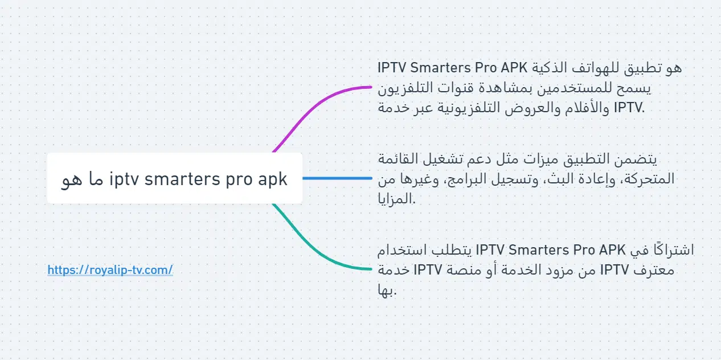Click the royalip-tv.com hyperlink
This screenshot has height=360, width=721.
(x=110, y=270)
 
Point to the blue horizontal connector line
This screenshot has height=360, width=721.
(x=337, y=178)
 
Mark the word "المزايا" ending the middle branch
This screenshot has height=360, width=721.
(x=396, y=198)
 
